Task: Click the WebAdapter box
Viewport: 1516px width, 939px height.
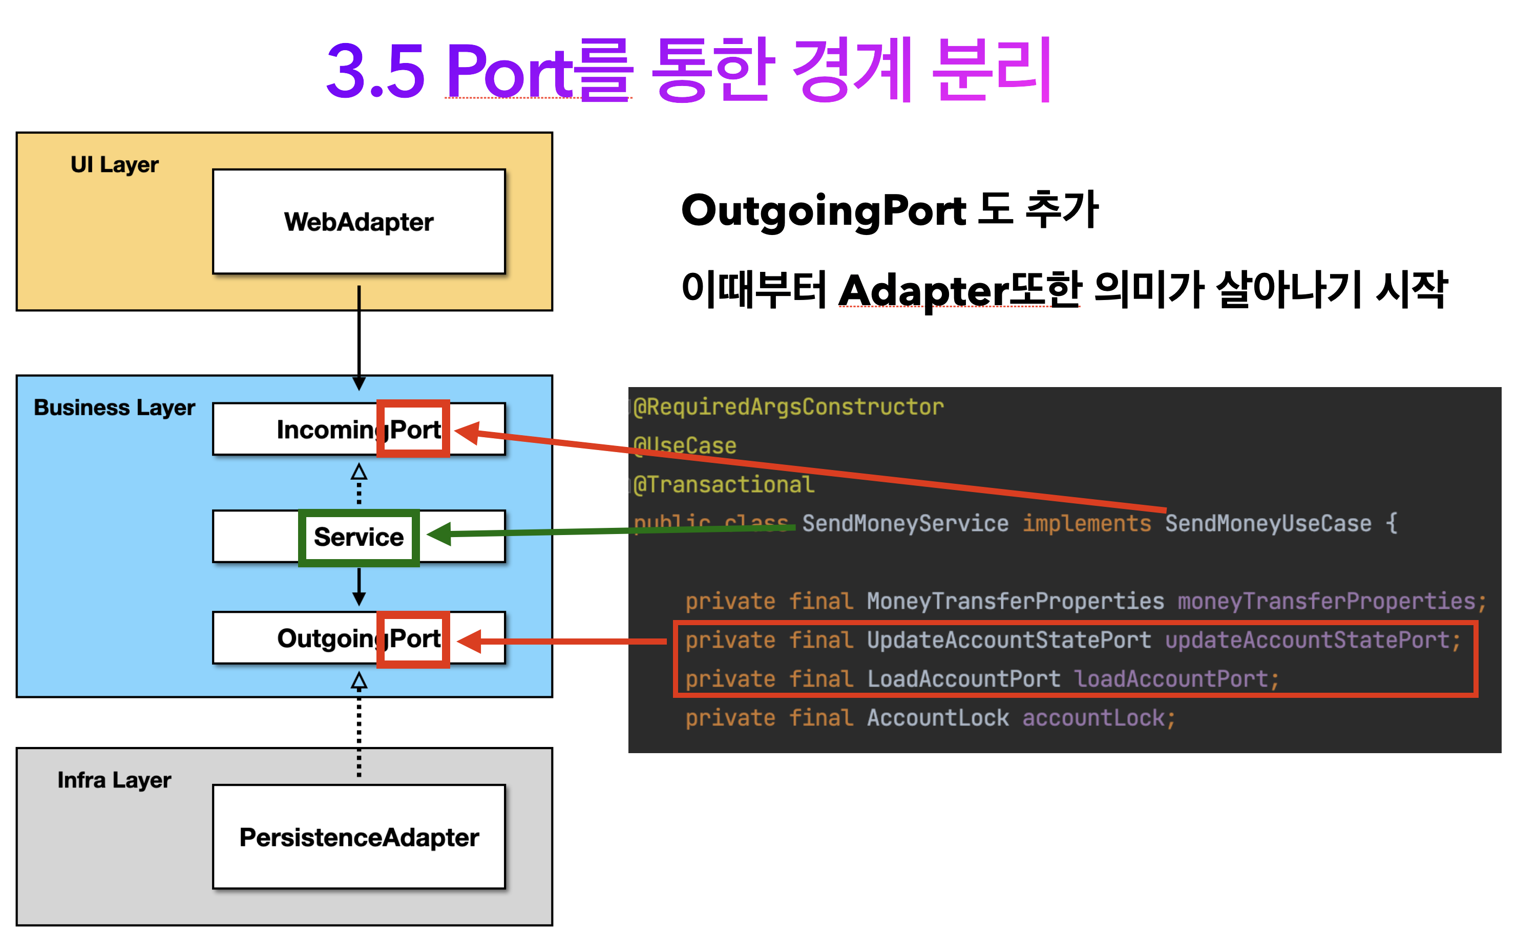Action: click(359, 222)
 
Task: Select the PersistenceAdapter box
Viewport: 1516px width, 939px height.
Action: click(359, 837)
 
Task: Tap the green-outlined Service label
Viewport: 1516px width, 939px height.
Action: click(359, 537)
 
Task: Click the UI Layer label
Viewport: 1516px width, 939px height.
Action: click(114, 164)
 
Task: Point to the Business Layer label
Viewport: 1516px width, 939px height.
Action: click(114, 408)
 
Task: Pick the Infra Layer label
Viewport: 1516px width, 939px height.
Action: click(114, 780)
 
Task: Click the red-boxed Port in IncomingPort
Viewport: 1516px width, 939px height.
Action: click(414, 429)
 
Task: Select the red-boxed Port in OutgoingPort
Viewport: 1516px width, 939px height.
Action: click(414, 639)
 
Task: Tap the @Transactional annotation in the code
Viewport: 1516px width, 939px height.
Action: click(724, 484)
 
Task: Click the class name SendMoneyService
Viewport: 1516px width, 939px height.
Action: click(905, 524)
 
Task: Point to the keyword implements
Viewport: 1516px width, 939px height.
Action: click(1086, 524)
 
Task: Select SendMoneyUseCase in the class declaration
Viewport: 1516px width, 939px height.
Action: click(1268, 524)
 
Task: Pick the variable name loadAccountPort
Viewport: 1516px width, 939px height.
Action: click(1171, 679)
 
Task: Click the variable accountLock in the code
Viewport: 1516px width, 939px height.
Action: click(1093, 718)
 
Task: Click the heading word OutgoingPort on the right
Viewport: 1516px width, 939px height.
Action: click(824, 210)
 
